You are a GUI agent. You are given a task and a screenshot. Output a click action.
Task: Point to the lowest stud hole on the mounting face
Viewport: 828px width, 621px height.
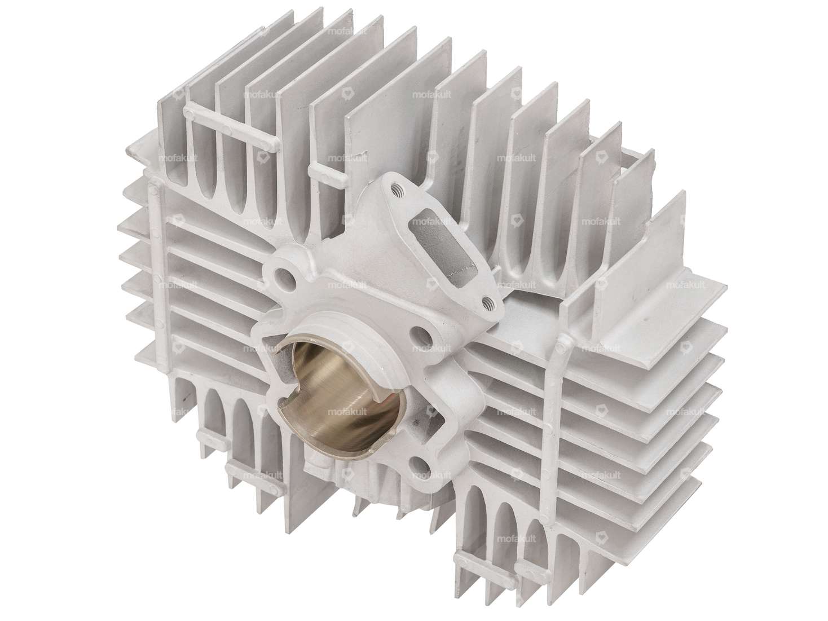click(x=420, y=464)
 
